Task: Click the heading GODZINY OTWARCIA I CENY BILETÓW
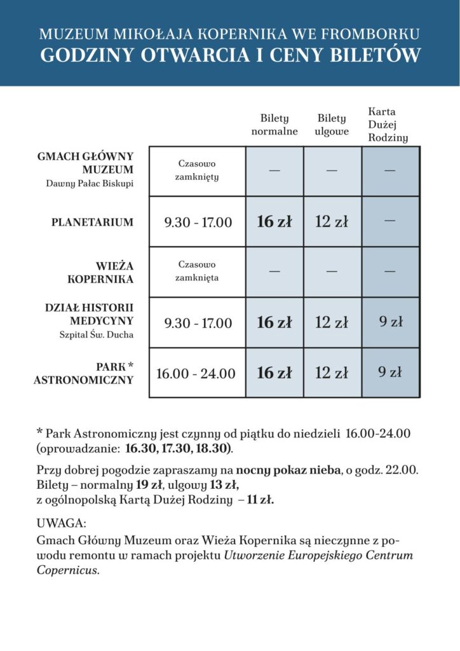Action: pyautogui.click(x=230, y=55)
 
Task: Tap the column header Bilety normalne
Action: pyautogui.click(x=274, y=125)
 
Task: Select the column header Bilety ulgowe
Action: pyautogui.click(x=332, y=125)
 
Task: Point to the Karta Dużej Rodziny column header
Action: pyautogui.click(x=388, y=125)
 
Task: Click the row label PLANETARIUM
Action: pyautogui.click(x=92, y=223)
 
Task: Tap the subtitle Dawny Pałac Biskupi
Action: pyautogui.click(x=90, y=184)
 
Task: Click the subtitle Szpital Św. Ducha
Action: pyautogui.click(x=93, y=335)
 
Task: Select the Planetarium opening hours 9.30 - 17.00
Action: pyautogui.click(x=198, y=223)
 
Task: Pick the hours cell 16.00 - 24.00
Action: pyautogui.click(x=196, y=373)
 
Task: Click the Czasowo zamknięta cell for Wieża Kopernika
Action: pyautogui.click(x=198, y=271)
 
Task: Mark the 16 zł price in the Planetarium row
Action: pyautogui.click(x=274, y=222)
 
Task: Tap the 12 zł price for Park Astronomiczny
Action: pyautogui.click(x=332, y=373)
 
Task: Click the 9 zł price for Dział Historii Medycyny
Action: pyautogui.click(x=391, y=322)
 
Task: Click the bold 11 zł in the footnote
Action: pyautogui.click(x=260, y=500)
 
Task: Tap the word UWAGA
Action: pyautogui.click(x=61, y=523)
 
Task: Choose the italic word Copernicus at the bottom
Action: pyautogui.click(x=67, y=570)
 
